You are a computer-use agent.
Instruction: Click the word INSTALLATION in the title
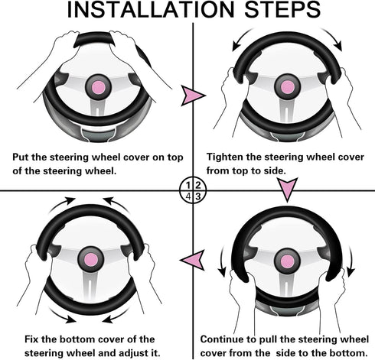tap(150, 10)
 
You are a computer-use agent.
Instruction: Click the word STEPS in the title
tap(282, 10)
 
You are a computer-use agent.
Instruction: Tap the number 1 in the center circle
tap(188, 185)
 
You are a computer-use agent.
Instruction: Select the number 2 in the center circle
tap(197, 185)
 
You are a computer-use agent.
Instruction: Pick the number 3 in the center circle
tap(198, 196)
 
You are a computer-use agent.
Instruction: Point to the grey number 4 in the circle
tap(188, 196)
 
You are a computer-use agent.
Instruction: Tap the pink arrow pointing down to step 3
tap(288, 190)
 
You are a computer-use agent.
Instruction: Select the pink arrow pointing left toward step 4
tap(193, 260)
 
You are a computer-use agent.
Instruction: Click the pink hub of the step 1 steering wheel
tap(99, 88)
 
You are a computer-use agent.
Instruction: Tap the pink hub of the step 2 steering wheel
tap(288, 87)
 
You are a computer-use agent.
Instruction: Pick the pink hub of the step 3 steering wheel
tap(288, 262)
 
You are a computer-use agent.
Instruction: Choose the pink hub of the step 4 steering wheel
tap(91, 260)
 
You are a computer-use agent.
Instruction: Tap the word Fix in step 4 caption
tap(31, 339)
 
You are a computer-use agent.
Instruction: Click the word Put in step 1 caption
tap(21, 157)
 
